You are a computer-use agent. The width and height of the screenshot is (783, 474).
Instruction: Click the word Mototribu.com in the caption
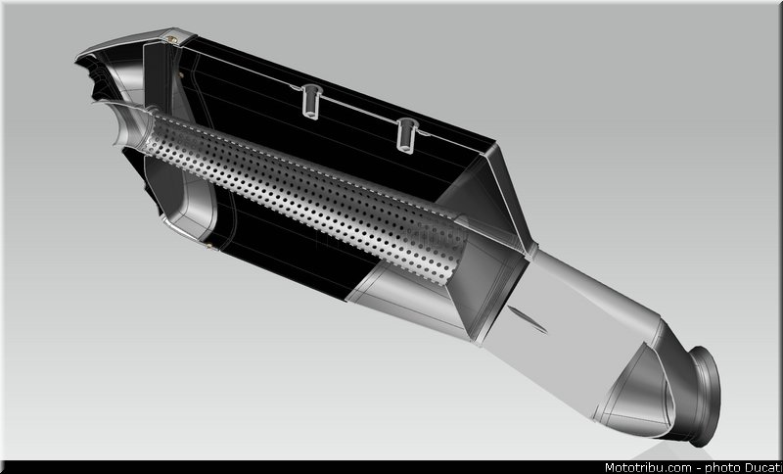[648, 468]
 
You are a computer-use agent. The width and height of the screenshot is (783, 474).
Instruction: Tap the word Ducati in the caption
[762, 468]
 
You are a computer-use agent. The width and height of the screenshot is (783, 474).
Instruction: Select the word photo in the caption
[722, 468]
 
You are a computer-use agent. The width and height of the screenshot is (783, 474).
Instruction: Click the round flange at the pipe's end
[705, 396]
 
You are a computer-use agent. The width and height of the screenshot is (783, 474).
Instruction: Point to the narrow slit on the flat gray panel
[528, 320]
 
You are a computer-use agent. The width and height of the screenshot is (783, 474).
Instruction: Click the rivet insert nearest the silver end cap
[311, 102]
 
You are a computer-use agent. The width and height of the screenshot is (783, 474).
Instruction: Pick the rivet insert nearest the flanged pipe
[407, 135]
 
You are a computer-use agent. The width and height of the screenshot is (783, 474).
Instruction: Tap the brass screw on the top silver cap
[172, 39]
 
